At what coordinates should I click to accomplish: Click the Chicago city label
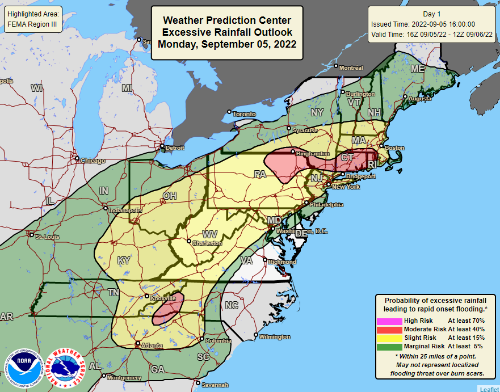(93, 161)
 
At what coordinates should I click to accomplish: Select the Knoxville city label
(163, 297)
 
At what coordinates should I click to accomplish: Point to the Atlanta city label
(151, 345)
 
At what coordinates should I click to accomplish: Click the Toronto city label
(245, 114)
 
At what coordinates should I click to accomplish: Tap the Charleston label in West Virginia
(207, 243)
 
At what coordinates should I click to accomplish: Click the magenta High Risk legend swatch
(389, 321)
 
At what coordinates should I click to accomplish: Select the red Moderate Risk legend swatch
(389, 329)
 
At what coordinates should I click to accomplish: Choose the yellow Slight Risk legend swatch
(389, 338)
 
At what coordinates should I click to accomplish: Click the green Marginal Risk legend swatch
(389, 346)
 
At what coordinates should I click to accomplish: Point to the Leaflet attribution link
(489, 389)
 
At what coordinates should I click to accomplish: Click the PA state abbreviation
(260, 174)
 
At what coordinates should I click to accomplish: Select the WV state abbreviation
(211, 233)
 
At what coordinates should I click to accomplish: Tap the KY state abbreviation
(123, 260)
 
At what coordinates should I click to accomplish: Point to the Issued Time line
(423, 24)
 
